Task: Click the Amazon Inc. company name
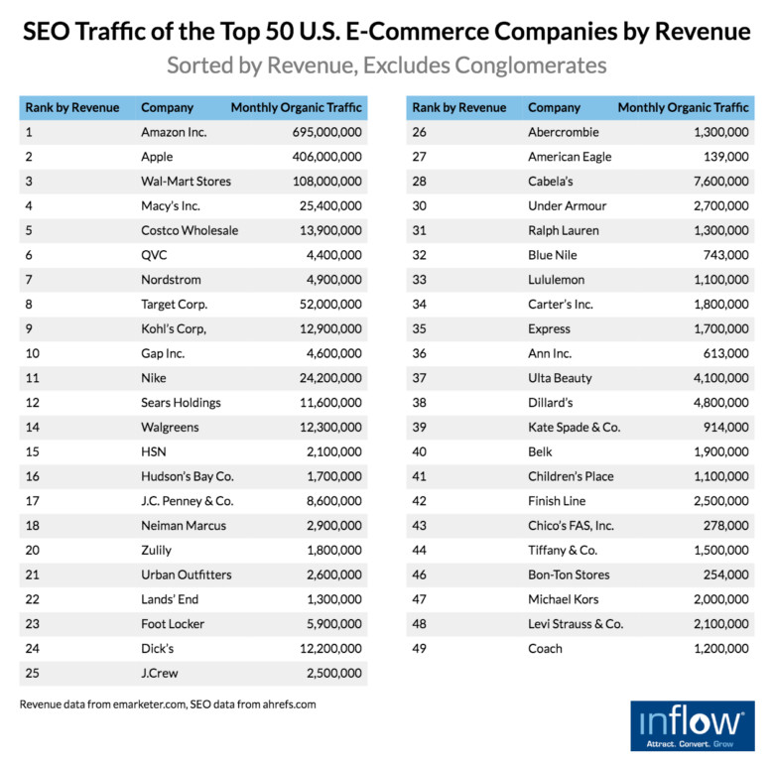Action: pos(174,132)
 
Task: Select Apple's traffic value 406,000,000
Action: pos(326,157)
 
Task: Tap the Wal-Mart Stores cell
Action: pos(186,182)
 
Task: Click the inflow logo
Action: pos(692,725)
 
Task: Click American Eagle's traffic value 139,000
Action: pos(724,157)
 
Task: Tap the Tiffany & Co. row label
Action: pos(562,550)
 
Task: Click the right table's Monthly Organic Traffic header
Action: pos(683,107)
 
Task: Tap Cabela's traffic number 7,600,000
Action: pos(718,182)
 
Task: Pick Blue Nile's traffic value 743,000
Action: pos(724,255)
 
